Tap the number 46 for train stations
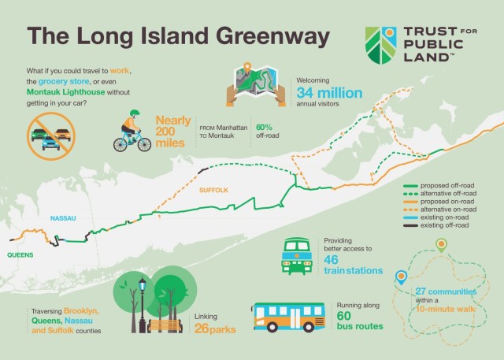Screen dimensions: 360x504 332,259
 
